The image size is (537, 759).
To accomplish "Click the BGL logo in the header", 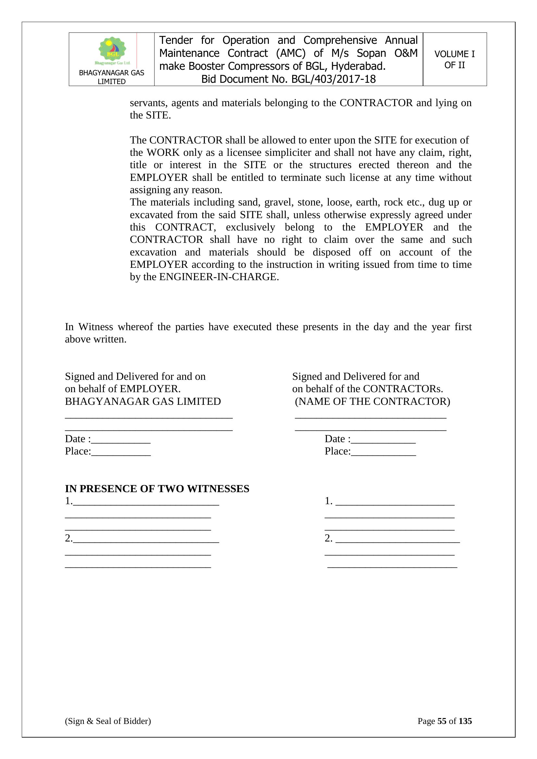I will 112,51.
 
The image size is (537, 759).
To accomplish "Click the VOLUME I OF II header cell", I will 454,59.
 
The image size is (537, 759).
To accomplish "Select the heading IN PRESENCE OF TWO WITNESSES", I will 157,489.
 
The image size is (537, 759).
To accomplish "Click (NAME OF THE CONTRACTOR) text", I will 372,401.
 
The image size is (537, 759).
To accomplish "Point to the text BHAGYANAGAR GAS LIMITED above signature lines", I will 143,401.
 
